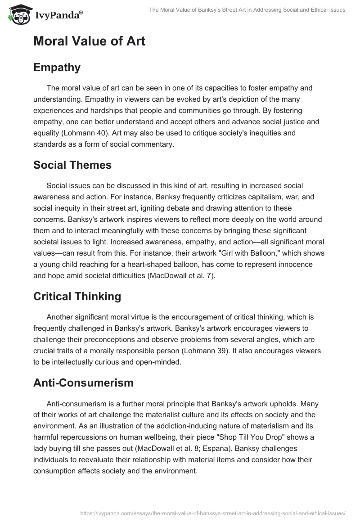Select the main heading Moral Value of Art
click(89, 41)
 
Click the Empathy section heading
click(57, 67)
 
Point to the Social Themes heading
click(72, 165)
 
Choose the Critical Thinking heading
click(77, 296)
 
